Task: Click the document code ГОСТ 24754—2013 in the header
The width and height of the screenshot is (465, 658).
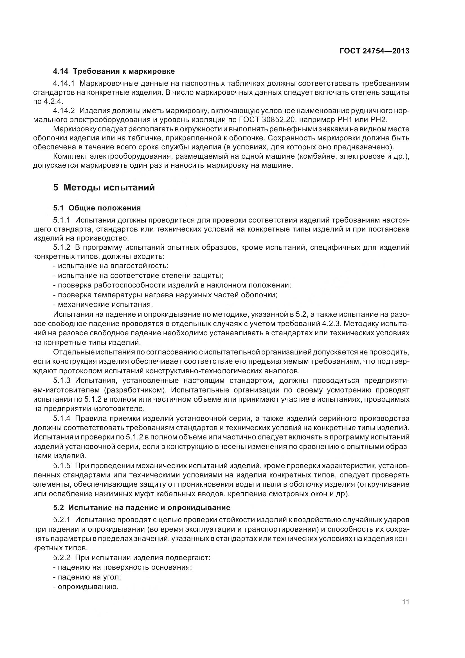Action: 374,51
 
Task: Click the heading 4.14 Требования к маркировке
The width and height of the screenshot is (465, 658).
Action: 114,71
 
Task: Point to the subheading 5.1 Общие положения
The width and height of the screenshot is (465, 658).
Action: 97,208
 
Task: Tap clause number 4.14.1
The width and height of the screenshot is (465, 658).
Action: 64,83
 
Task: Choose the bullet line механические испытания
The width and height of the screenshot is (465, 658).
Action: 103,304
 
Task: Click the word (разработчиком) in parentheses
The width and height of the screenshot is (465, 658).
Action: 135,390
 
